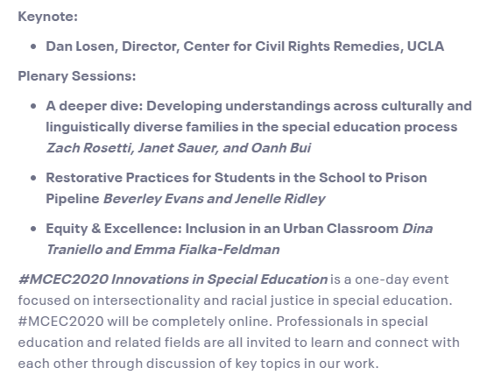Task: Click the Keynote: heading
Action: point(47,16)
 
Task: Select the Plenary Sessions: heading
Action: point(77,75)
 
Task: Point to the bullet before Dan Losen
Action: point(32,46)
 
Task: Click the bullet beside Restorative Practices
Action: point(32,178)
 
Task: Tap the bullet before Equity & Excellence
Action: point(32,229)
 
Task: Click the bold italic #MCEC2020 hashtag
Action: point(57,279)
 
